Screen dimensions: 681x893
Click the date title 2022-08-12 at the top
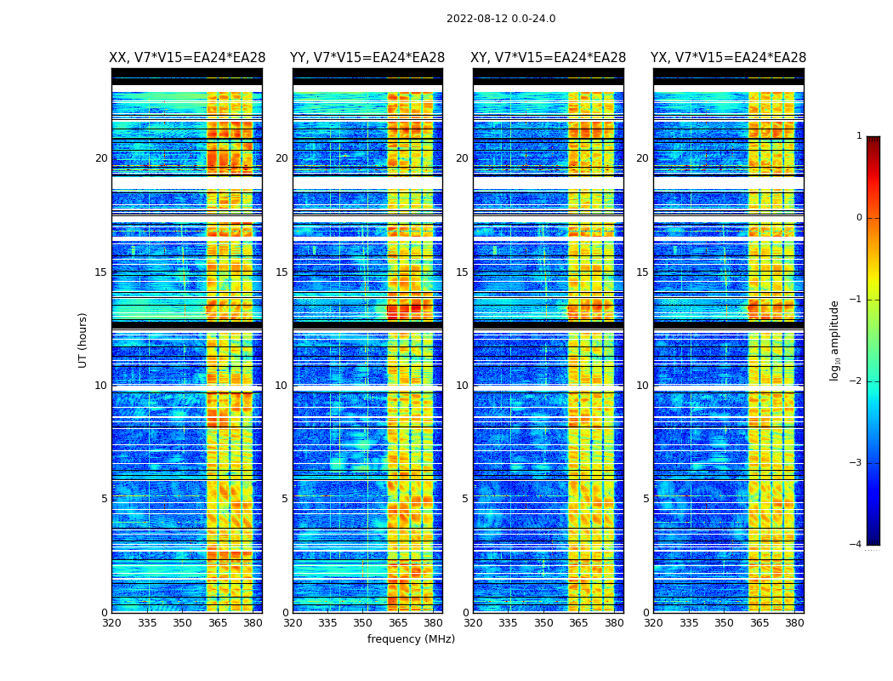tap(500, 19)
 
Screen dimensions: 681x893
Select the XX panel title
tap(187, 58)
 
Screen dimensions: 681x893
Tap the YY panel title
tap(367, 58)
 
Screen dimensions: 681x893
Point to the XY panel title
tap(549, 58)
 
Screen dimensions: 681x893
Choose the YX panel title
tap(728, 58)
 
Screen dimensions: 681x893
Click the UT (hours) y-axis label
tap(83, 340)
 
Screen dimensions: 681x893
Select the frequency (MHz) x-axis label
tap(411, 639)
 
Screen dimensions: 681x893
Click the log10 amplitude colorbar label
tap(835, 340)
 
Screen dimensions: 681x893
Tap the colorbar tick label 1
tap(859, 136)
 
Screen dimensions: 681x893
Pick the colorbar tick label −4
tap(856, 545)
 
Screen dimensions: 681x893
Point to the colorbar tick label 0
tap(859, 218)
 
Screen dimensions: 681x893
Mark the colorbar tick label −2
tap(856, 381)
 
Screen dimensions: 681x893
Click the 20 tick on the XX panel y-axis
tap(101, 158)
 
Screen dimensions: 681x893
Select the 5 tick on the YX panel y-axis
tap(646, 499)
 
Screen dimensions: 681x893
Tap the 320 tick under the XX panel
tap(111, 623)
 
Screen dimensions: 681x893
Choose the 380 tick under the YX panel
tap(794, 623)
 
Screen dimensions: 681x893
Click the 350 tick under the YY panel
tap(363, 623)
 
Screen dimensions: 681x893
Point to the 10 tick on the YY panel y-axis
tap(282, 386)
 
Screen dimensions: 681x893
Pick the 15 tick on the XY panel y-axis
tap(462, 272)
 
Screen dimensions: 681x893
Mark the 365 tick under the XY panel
tap(579, 623)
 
